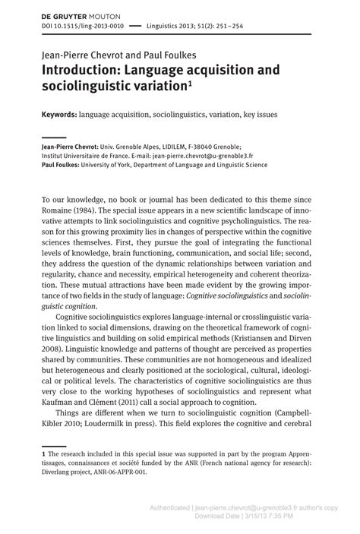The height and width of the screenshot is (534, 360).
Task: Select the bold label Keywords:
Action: tap(59, 115)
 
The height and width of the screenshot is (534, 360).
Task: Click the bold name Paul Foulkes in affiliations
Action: tap(63, 164)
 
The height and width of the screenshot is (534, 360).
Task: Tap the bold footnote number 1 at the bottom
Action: tap(43, 452)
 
